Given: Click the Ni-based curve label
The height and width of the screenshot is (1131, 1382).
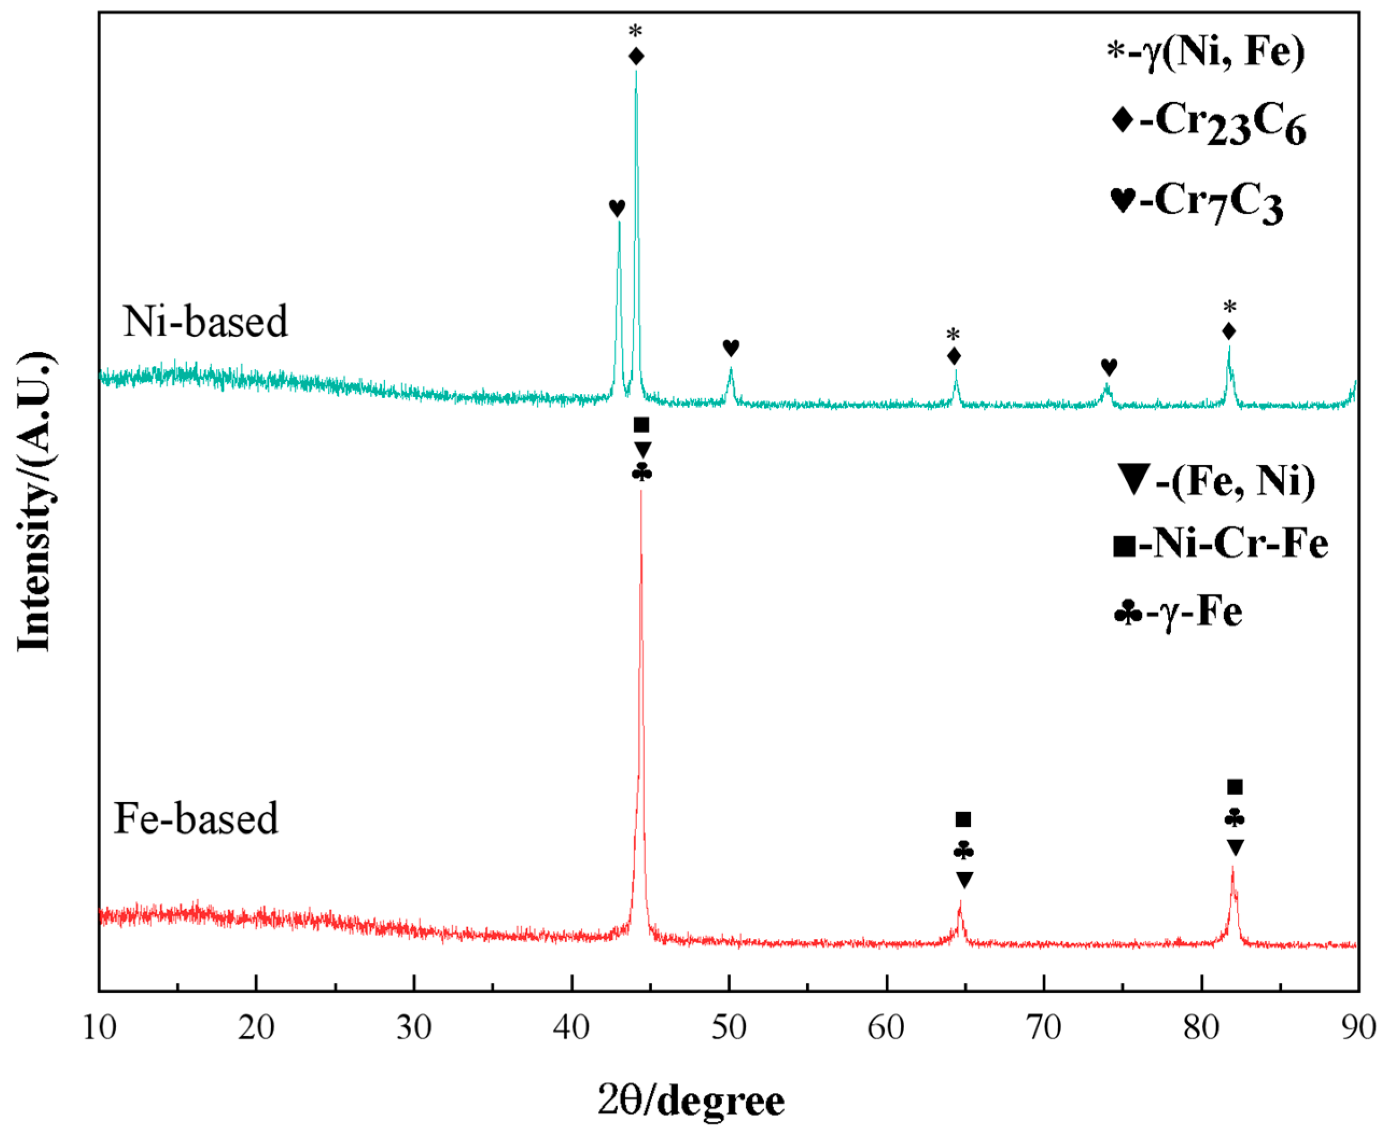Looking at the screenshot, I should click(205, 321).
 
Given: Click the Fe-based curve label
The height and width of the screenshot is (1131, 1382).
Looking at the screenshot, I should click(195, 818).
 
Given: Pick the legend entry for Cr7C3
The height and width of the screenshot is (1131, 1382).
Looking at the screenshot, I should click(1197, 203).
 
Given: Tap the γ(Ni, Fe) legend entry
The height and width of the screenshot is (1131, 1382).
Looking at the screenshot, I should click(1207, 52).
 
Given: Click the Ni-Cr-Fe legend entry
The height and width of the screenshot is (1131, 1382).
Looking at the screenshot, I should click(1220, 543).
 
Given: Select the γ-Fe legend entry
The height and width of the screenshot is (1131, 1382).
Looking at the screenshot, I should click(1178, 612).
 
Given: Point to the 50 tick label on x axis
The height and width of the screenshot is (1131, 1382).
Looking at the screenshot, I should click(729, 1028).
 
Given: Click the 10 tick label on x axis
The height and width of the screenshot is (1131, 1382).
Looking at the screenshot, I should click(100, 1028).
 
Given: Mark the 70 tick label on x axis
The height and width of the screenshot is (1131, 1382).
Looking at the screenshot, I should click(1044, 1028).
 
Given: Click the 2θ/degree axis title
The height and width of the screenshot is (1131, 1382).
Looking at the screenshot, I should click(690, 1101).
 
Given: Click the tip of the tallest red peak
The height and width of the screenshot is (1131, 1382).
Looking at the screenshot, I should click(640, 490).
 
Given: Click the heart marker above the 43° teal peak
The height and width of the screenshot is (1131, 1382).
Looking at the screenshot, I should click(617, 208).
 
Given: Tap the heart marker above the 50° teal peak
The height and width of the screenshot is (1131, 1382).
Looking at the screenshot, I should click(731, 348).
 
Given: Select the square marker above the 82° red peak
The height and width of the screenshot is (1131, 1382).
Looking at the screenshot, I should click(1235, 787).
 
